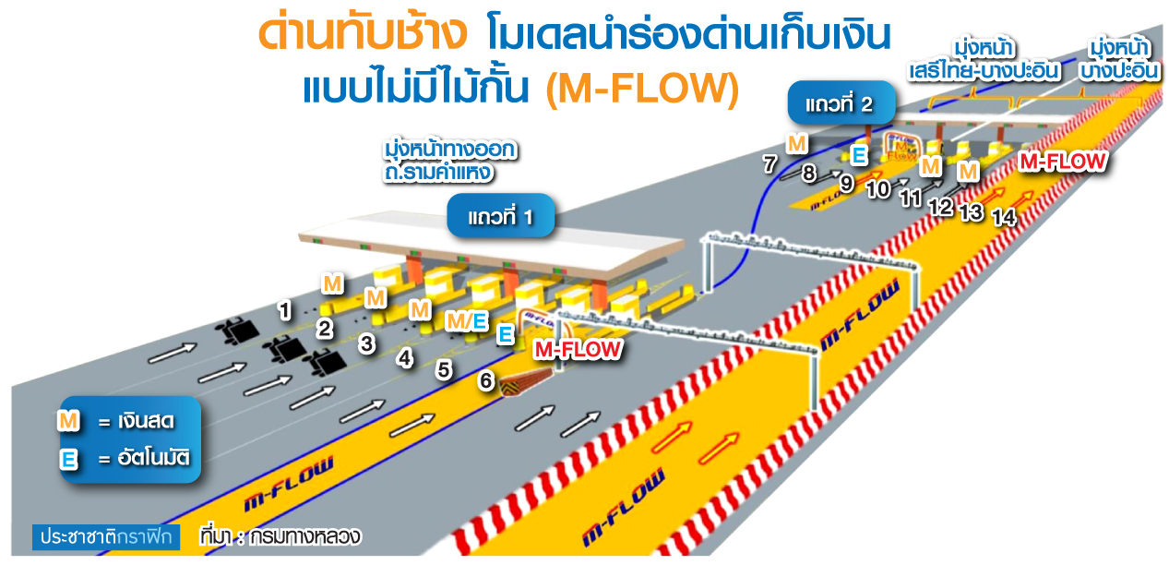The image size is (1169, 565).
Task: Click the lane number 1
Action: [x=286, y=310]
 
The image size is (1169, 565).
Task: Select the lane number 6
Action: [x=486, y=380]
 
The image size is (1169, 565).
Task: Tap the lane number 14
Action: [x=1004, y=218]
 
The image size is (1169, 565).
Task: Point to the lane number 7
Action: [x=770, y=163]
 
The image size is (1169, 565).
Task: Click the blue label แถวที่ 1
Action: [x=501, y=217]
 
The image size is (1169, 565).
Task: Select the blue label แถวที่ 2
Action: [x=840, y=103]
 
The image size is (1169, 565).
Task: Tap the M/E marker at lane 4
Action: [x=466, y=320]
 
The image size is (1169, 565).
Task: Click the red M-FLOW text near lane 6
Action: [x=579, y=349]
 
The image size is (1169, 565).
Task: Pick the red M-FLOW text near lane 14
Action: [x=1062, y=162]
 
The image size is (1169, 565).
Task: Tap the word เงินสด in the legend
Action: [x=145, y=422]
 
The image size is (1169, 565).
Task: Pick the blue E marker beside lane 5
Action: [x=505, y=334]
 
